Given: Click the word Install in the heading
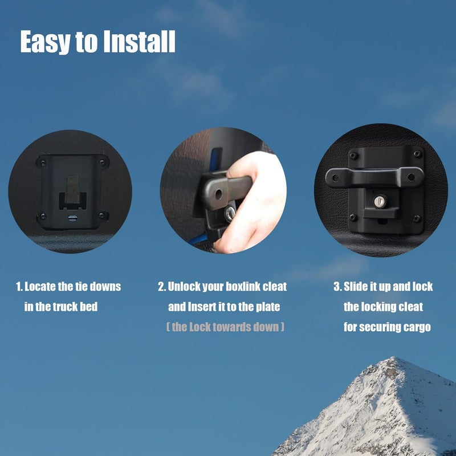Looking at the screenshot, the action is pyautogui.click(x=139, y=41).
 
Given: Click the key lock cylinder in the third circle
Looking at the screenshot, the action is pyautogui.click(x=379, y=202).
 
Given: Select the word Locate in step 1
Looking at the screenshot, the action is pyautogui.click(x=40, y=287).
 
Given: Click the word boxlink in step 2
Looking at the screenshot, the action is pyautogui.click(x=243, y=287).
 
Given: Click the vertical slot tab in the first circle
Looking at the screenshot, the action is pyautogui.click(x=72, y=190).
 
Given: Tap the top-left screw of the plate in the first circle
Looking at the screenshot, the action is pyautogui.click(x=43, y=162).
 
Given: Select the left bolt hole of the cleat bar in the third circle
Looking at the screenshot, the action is pyautogui.click(x=335, y=177).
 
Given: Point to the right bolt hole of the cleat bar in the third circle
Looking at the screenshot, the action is pyautogui.click(x=411, y=177).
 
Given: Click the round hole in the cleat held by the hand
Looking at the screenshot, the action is pyautogui.click(x=218, y=194).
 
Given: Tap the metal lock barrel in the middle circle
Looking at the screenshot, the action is pyautogui.click(x=230, y=214).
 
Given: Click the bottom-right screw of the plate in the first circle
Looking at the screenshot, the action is pyautogui.click(x=102, y=216).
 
